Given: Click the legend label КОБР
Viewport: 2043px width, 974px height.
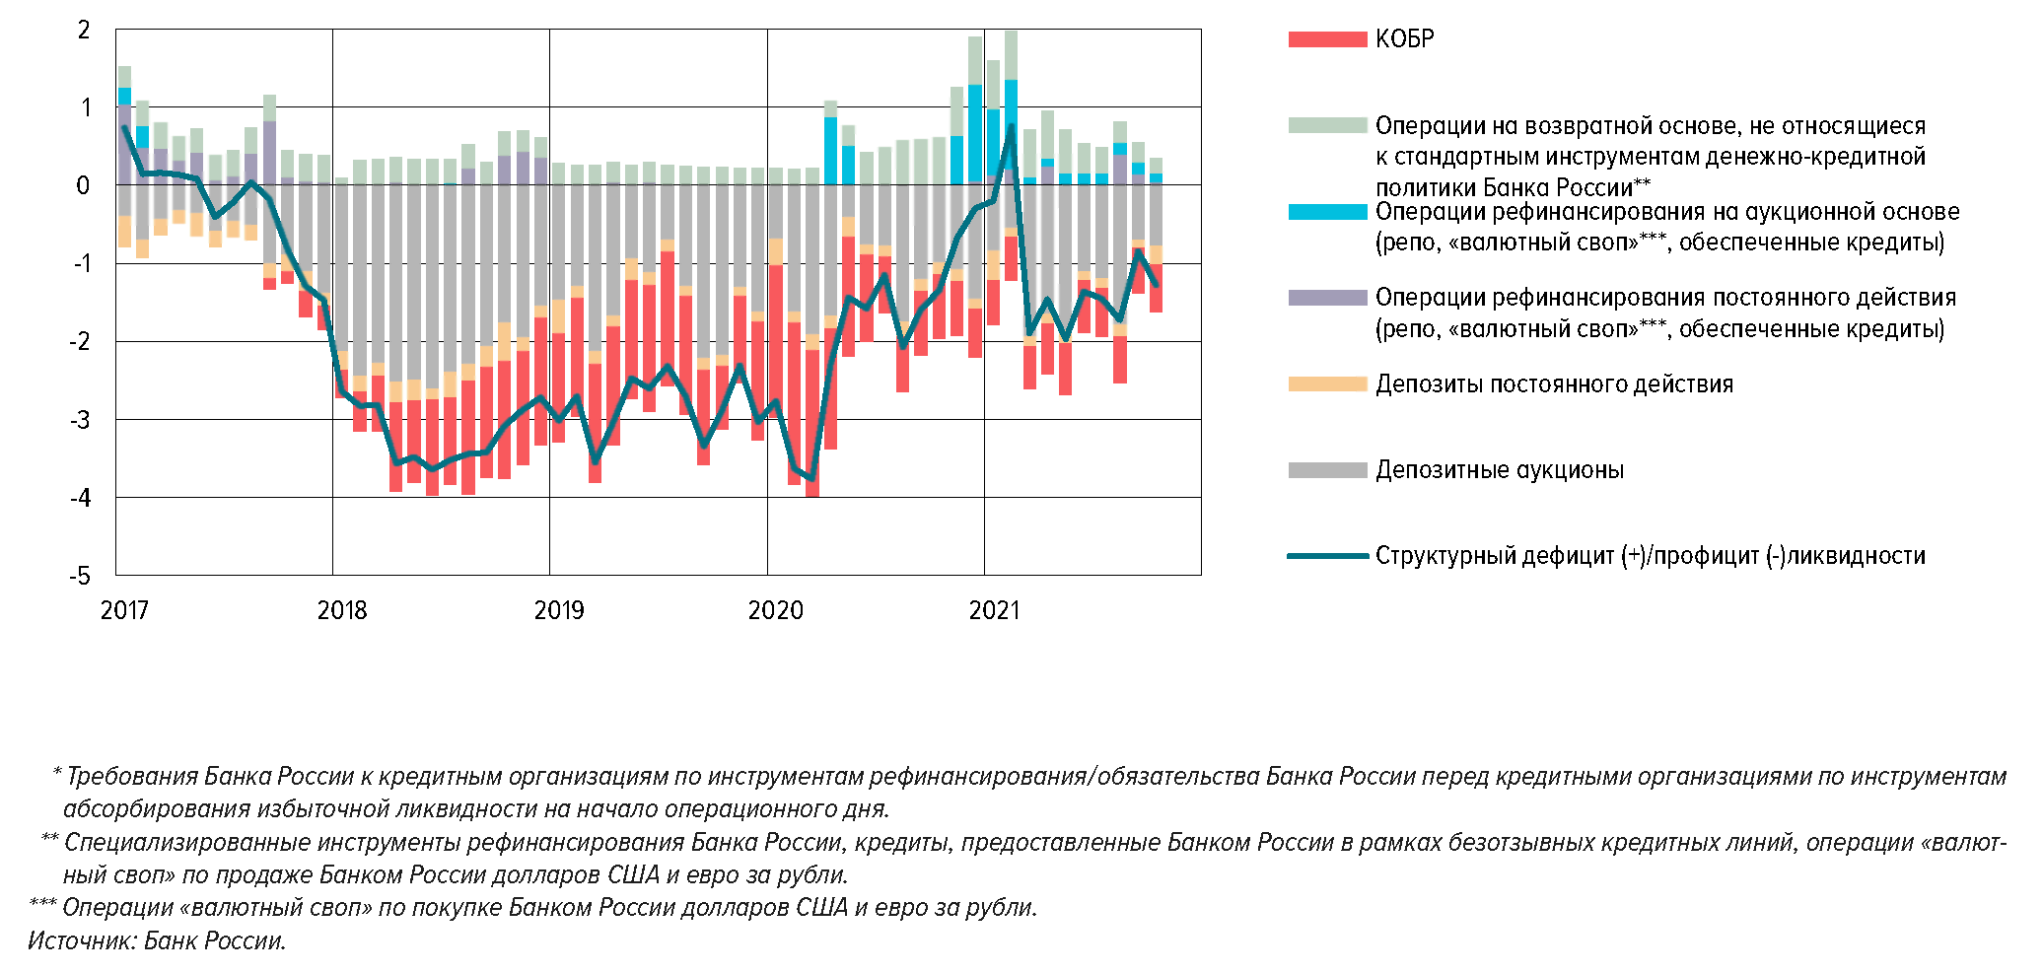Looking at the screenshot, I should point(1404,39).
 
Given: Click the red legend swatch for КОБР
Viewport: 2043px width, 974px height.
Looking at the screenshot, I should point(1327,39).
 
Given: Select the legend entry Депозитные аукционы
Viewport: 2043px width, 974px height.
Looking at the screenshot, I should point(1499,470).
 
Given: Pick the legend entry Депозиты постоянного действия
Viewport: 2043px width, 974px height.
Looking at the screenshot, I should point(1554,384).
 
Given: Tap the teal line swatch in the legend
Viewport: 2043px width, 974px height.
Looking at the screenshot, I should point(1327,556).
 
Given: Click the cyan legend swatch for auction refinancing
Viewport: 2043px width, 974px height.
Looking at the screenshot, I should point(1327,212).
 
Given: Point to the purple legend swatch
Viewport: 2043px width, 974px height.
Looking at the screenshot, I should point(1327,298).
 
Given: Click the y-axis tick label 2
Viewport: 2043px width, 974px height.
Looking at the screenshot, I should point(84,31).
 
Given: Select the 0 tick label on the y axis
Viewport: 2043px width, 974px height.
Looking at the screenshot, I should point(83,185).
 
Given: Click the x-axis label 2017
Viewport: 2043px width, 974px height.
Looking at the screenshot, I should point(124,610).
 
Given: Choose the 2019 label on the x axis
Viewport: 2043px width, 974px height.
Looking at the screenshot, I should point(558,610).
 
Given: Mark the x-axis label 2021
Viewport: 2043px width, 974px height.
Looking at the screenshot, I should point(993,610).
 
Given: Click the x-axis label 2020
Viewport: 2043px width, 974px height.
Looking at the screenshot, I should point(775,610).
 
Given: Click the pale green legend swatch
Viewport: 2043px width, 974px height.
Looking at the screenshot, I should point(1327,125).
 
